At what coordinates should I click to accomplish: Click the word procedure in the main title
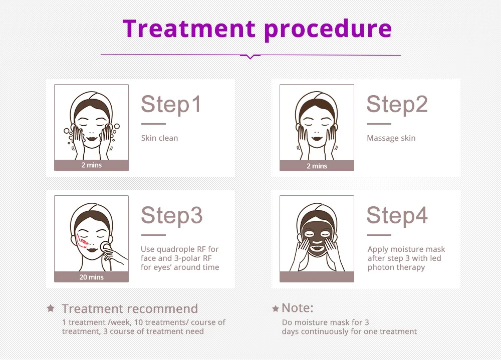[328, 29]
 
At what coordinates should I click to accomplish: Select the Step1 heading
[171, 104]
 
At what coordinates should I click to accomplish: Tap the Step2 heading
[397, 104]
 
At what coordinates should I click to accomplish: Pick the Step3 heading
[171, 215]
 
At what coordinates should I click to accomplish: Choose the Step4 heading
[397, 215]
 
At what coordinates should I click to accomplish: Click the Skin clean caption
[159, 138]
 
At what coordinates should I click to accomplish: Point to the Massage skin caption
[391, 138]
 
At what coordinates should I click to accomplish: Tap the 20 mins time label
[91, 277]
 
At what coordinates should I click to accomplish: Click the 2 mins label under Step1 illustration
[91, 165]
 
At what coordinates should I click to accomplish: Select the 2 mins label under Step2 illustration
[317, 166]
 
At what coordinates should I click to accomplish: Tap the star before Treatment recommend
[51, 308]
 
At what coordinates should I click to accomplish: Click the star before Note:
[276, 308]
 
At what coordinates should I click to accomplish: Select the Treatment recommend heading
[130, 308]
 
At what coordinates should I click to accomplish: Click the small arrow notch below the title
[250, 57]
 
